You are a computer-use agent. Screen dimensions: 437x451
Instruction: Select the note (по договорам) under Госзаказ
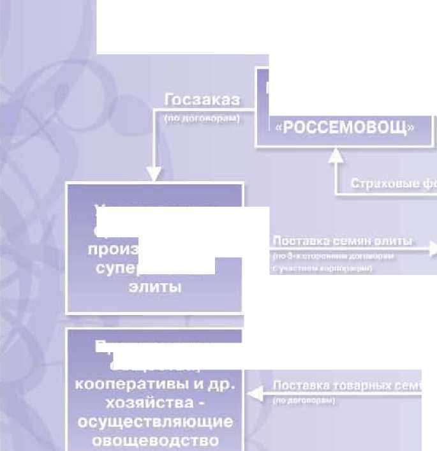coord(202,118)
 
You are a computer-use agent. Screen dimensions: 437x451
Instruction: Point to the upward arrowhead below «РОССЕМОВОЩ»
coord(336,155)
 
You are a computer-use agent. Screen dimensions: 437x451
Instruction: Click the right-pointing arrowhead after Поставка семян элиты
coord(432,249)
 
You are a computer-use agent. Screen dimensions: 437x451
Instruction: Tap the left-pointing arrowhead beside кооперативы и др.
coord(254,394)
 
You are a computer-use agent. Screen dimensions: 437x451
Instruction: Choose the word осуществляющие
coord(155,423)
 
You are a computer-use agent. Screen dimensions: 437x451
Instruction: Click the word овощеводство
coord(155,441)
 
